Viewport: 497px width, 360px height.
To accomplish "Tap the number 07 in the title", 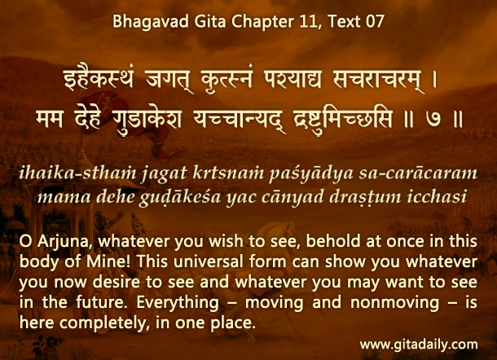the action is coord(376,22).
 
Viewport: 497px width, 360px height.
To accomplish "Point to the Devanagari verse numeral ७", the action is coord(433,120).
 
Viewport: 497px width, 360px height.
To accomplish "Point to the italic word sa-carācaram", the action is coord(418,173).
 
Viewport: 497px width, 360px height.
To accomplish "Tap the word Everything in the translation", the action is coord(178,304).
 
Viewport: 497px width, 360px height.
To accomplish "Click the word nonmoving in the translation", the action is coord(394,304).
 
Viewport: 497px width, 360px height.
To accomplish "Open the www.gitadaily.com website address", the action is coord(419,345).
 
